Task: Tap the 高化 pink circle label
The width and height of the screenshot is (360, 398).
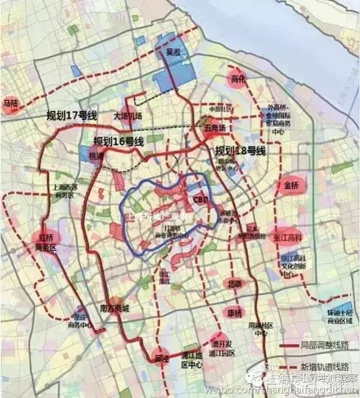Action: (x=238, y=80)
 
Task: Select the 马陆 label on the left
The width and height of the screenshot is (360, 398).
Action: (x=11, y=104)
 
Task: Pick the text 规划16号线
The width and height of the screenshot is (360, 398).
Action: (x=118, y=142)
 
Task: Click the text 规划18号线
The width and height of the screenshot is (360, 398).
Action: (x=240, y=150)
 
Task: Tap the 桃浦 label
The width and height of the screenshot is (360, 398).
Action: (x=96, y=155)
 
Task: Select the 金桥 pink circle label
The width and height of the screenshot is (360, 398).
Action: (x=291, y=185)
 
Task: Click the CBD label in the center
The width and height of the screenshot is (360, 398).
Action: (x=200, y=199)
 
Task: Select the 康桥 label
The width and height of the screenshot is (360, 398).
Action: (x=235, y=313)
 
